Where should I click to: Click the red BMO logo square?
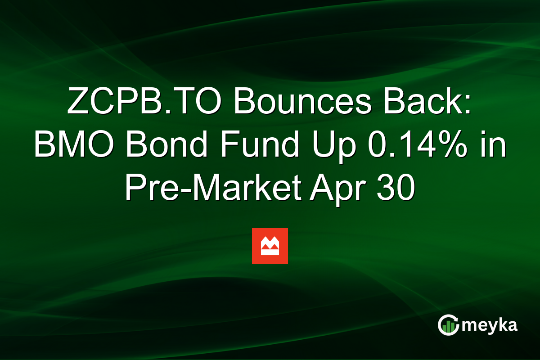270,246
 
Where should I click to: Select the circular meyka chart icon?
448,325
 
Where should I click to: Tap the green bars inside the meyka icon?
447,327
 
